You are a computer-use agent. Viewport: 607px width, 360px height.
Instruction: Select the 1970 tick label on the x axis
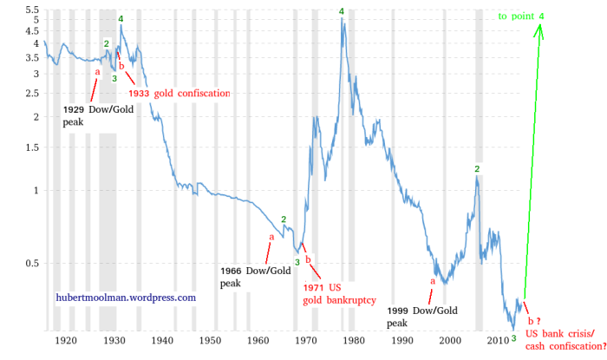tap(304, 342)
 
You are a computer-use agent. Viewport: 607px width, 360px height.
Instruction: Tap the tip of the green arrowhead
tap(541, 24)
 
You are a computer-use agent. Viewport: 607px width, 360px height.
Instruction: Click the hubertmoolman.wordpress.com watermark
tap(126, 298)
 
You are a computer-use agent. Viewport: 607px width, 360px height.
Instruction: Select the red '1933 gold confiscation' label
tap(179, 93)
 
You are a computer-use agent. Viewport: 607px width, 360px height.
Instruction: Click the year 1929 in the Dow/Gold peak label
tap(75, 111)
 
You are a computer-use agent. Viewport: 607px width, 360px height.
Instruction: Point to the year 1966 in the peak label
tap(232, 272)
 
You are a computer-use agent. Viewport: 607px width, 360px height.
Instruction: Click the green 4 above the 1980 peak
tap(342, 11)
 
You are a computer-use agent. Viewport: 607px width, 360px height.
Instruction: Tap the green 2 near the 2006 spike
tap(477, 168)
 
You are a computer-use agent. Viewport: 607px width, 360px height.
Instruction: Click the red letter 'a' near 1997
tap(432, 280)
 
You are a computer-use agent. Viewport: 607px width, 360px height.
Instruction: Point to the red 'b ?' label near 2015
tap(534, 321)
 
